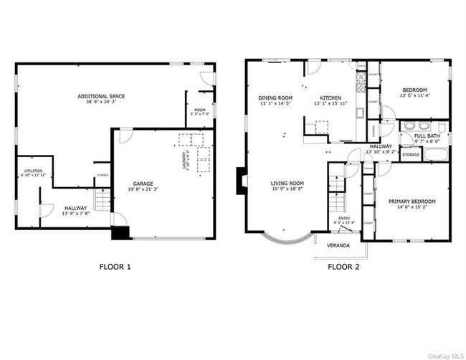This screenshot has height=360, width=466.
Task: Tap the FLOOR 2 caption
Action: click(x=343, y=267)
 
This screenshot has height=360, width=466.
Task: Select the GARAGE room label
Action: click(x=143, y=184)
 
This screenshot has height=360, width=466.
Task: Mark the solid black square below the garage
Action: click(x=120, y=233)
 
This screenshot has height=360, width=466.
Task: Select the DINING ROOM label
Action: click(x=275, y=98)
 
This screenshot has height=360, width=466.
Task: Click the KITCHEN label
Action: click(x=330, y=98)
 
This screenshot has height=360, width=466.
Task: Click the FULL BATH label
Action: click(x=427, y=135)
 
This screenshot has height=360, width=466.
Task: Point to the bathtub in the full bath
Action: click(x=434, y=153)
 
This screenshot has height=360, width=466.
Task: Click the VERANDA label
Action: click(x=338, y=245)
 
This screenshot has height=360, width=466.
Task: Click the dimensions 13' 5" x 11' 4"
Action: click(x=414, y=95)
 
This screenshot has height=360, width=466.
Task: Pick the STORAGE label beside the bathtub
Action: click(x=410, y=154)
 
